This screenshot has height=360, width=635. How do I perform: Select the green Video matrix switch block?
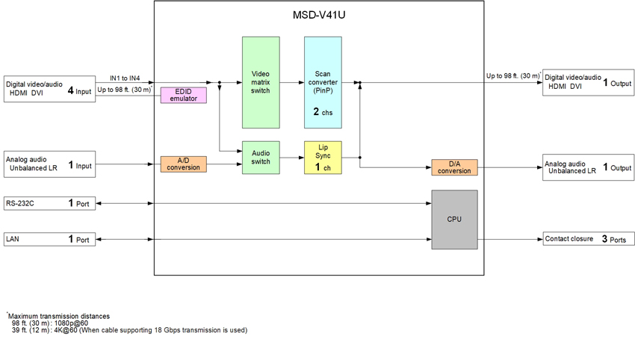pos(260,82)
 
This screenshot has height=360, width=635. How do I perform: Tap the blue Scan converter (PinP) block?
pos(323,82)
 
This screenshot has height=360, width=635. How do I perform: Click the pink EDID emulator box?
pos(183,95)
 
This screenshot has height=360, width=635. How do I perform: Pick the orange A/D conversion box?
pos(183,164)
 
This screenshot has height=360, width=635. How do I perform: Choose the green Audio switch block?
pos(260,158)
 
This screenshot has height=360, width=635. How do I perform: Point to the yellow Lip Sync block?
pos(323,158)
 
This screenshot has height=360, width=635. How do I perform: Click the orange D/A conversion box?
pos(454,167)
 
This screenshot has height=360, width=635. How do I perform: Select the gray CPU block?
pos(454,220)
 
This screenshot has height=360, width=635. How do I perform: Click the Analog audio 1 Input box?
pos(50,164)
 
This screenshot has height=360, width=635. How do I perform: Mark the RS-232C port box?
pos(50,203)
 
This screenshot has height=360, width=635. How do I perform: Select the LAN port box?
pos(50,240)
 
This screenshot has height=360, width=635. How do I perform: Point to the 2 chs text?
pos(323,112)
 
